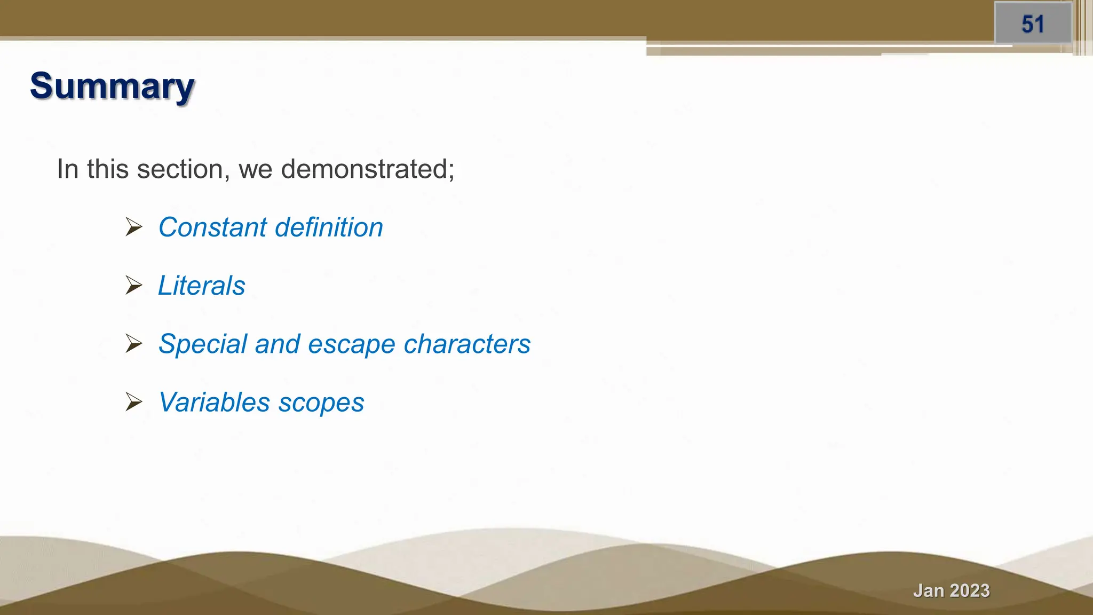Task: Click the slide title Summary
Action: (x=112, y=86)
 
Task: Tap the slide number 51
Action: (x=1033, y=25)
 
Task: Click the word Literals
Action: (x=202, y=286)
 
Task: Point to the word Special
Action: (x=203, y=344)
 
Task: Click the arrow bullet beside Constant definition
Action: (x=133, y=227)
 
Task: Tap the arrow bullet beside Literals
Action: (x=133, y=285)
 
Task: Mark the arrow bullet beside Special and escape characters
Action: (x=133, y=343)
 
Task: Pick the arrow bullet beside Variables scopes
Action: (x=133, y=401)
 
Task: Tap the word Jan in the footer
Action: (x=929, y=590)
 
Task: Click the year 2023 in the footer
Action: (x=970, y=590)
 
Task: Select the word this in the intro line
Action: (x=108, y=169)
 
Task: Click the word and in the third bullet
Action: (x=277, y=344)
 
